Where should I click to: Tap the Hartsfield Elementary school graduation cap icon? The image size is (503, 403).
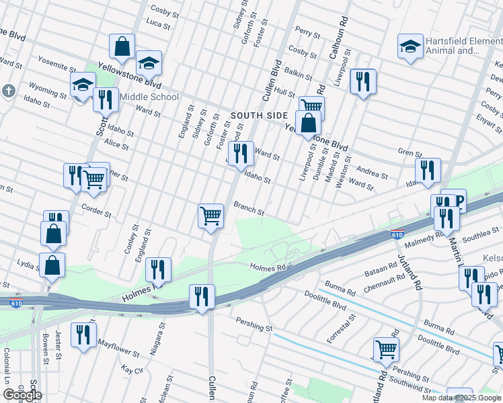pos(410,46)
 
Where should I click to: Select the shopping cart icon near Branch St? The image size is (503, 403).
pos(211,216)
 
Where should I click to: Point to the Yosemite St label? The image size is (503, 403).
pos(56,67)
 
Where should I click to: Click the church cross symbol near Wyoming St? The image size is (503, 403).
pos(7,90)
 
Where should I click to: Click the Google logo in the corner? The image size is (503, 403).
pos(22,394)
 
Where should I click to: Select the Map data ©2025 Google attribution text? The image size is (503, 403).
pos(462,398)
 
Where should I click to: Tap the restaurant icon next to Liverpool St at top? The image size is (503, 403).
pos(363,82)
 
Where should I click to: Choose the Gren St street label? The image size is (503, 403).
pos(405,152)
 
